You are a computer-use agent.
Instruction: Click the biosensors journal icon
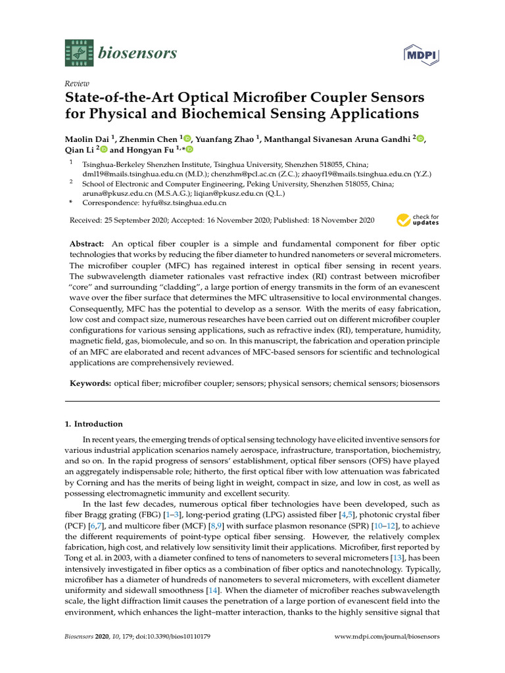tap(76, 52)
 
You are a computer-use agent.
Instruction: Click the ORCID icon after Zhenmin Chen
tap(187, 139)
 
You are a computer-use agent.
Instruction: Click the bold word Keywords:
tap(90, 382)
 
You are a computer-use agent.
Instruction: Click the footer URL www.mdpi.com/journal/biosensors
tap(387, 637)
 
